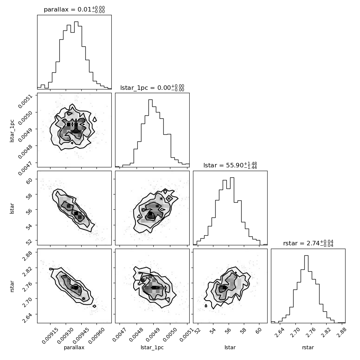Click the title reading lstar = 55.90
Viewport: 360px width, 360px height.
tap(230, 165)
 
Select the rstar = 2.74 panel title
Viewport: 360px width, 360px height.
tap(308, 243)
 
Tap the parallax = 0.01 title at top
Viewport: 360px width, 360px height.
tap(74, 10)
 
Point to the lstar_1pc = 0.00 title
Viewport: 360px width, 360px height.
tap(152, 88)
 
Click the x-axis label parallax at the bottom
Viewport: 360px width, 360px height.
tap(74, 347)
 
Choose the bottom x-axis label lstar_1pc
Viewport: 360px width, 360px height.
tap(152, 347)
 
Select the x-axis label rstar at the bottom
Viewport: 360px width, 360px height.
tap(308, 347)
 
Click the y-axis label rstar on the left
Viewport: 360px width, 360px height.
tap(12, 286)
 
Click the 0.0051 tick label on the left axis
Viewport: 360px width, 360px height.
tap(25, 101)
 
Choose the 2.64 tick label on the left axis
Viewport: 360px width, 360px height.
tap(27, 318)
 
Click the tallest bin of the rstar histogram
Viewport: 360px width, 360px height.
tap(306, 289)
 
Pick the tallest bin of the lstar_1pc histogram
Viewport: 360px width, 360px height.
tap(150, 133)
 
